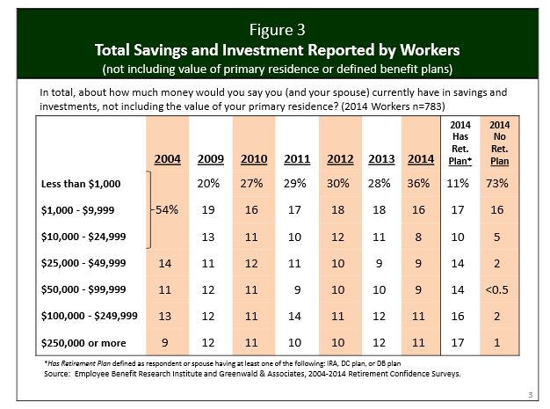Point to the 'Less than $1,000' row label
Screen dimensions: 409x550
click(80, 183)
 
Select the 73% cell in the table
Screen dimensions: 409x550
click(500, 183)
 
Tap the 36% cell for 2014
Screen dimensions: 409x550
click(418, 183)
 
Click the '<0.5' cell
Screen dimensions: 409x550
click(500, 288)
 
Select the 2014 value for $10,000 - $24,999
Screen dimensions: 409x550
click(418, 236)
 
